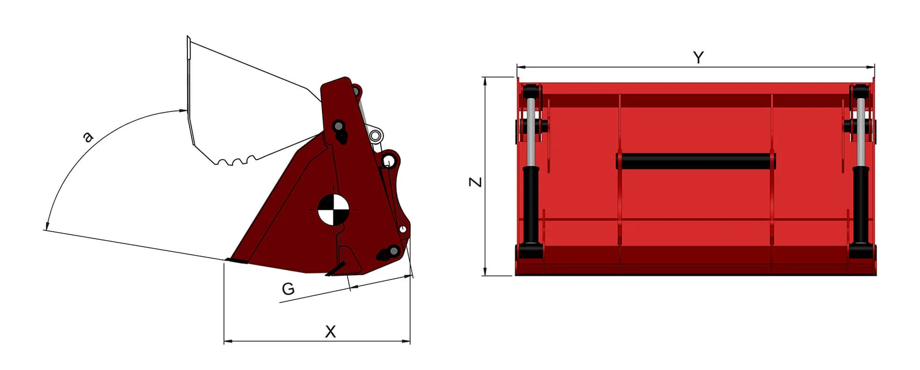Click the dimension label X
(330, 332)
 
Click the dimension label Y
(698, 57)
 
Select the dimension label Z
(476, 182)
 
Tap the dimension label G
(288, 289)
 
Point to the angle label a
(87, 137)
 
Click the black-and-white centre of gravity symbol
(333, 210)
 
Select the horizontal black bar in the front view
(696, 161)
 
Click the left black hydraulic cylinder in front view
(531, 205)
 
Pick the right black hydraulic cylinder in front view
(861, 205)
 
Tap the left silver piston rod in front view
(531, 132)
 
